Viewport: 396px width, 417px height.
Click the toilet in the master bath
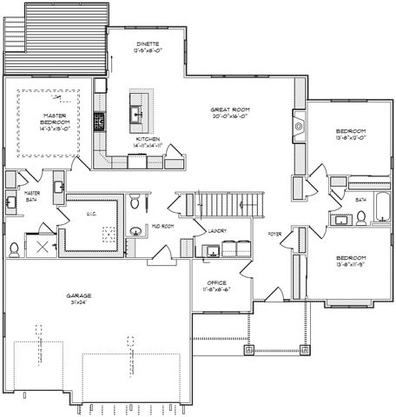(15, 249)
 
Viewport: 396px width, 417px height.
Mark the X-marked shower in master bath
(39, 246)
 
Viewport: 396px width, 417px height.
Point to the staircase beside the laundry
(230, 206)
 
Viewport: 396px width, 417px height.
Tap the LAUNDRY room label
(218, 230)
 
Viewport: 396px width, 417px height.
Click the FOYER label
(274, 234)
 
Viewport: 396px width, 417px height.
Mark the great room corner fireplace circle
(299, 127)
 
